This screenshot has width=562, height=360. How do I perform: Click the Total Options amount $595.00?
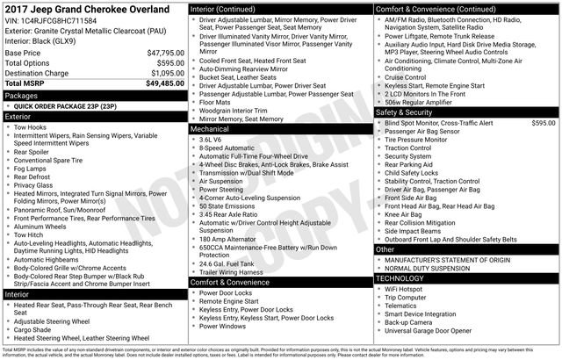tap(168, 63)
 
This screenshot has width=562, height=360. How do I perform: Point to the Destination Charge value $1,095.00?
tap(164, 73)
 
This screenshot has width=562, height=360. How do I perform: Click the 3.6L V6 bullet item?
tap(211, 139)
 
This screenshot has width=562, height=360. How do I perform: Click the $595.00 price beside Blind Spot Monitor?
tap(544, 123)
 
